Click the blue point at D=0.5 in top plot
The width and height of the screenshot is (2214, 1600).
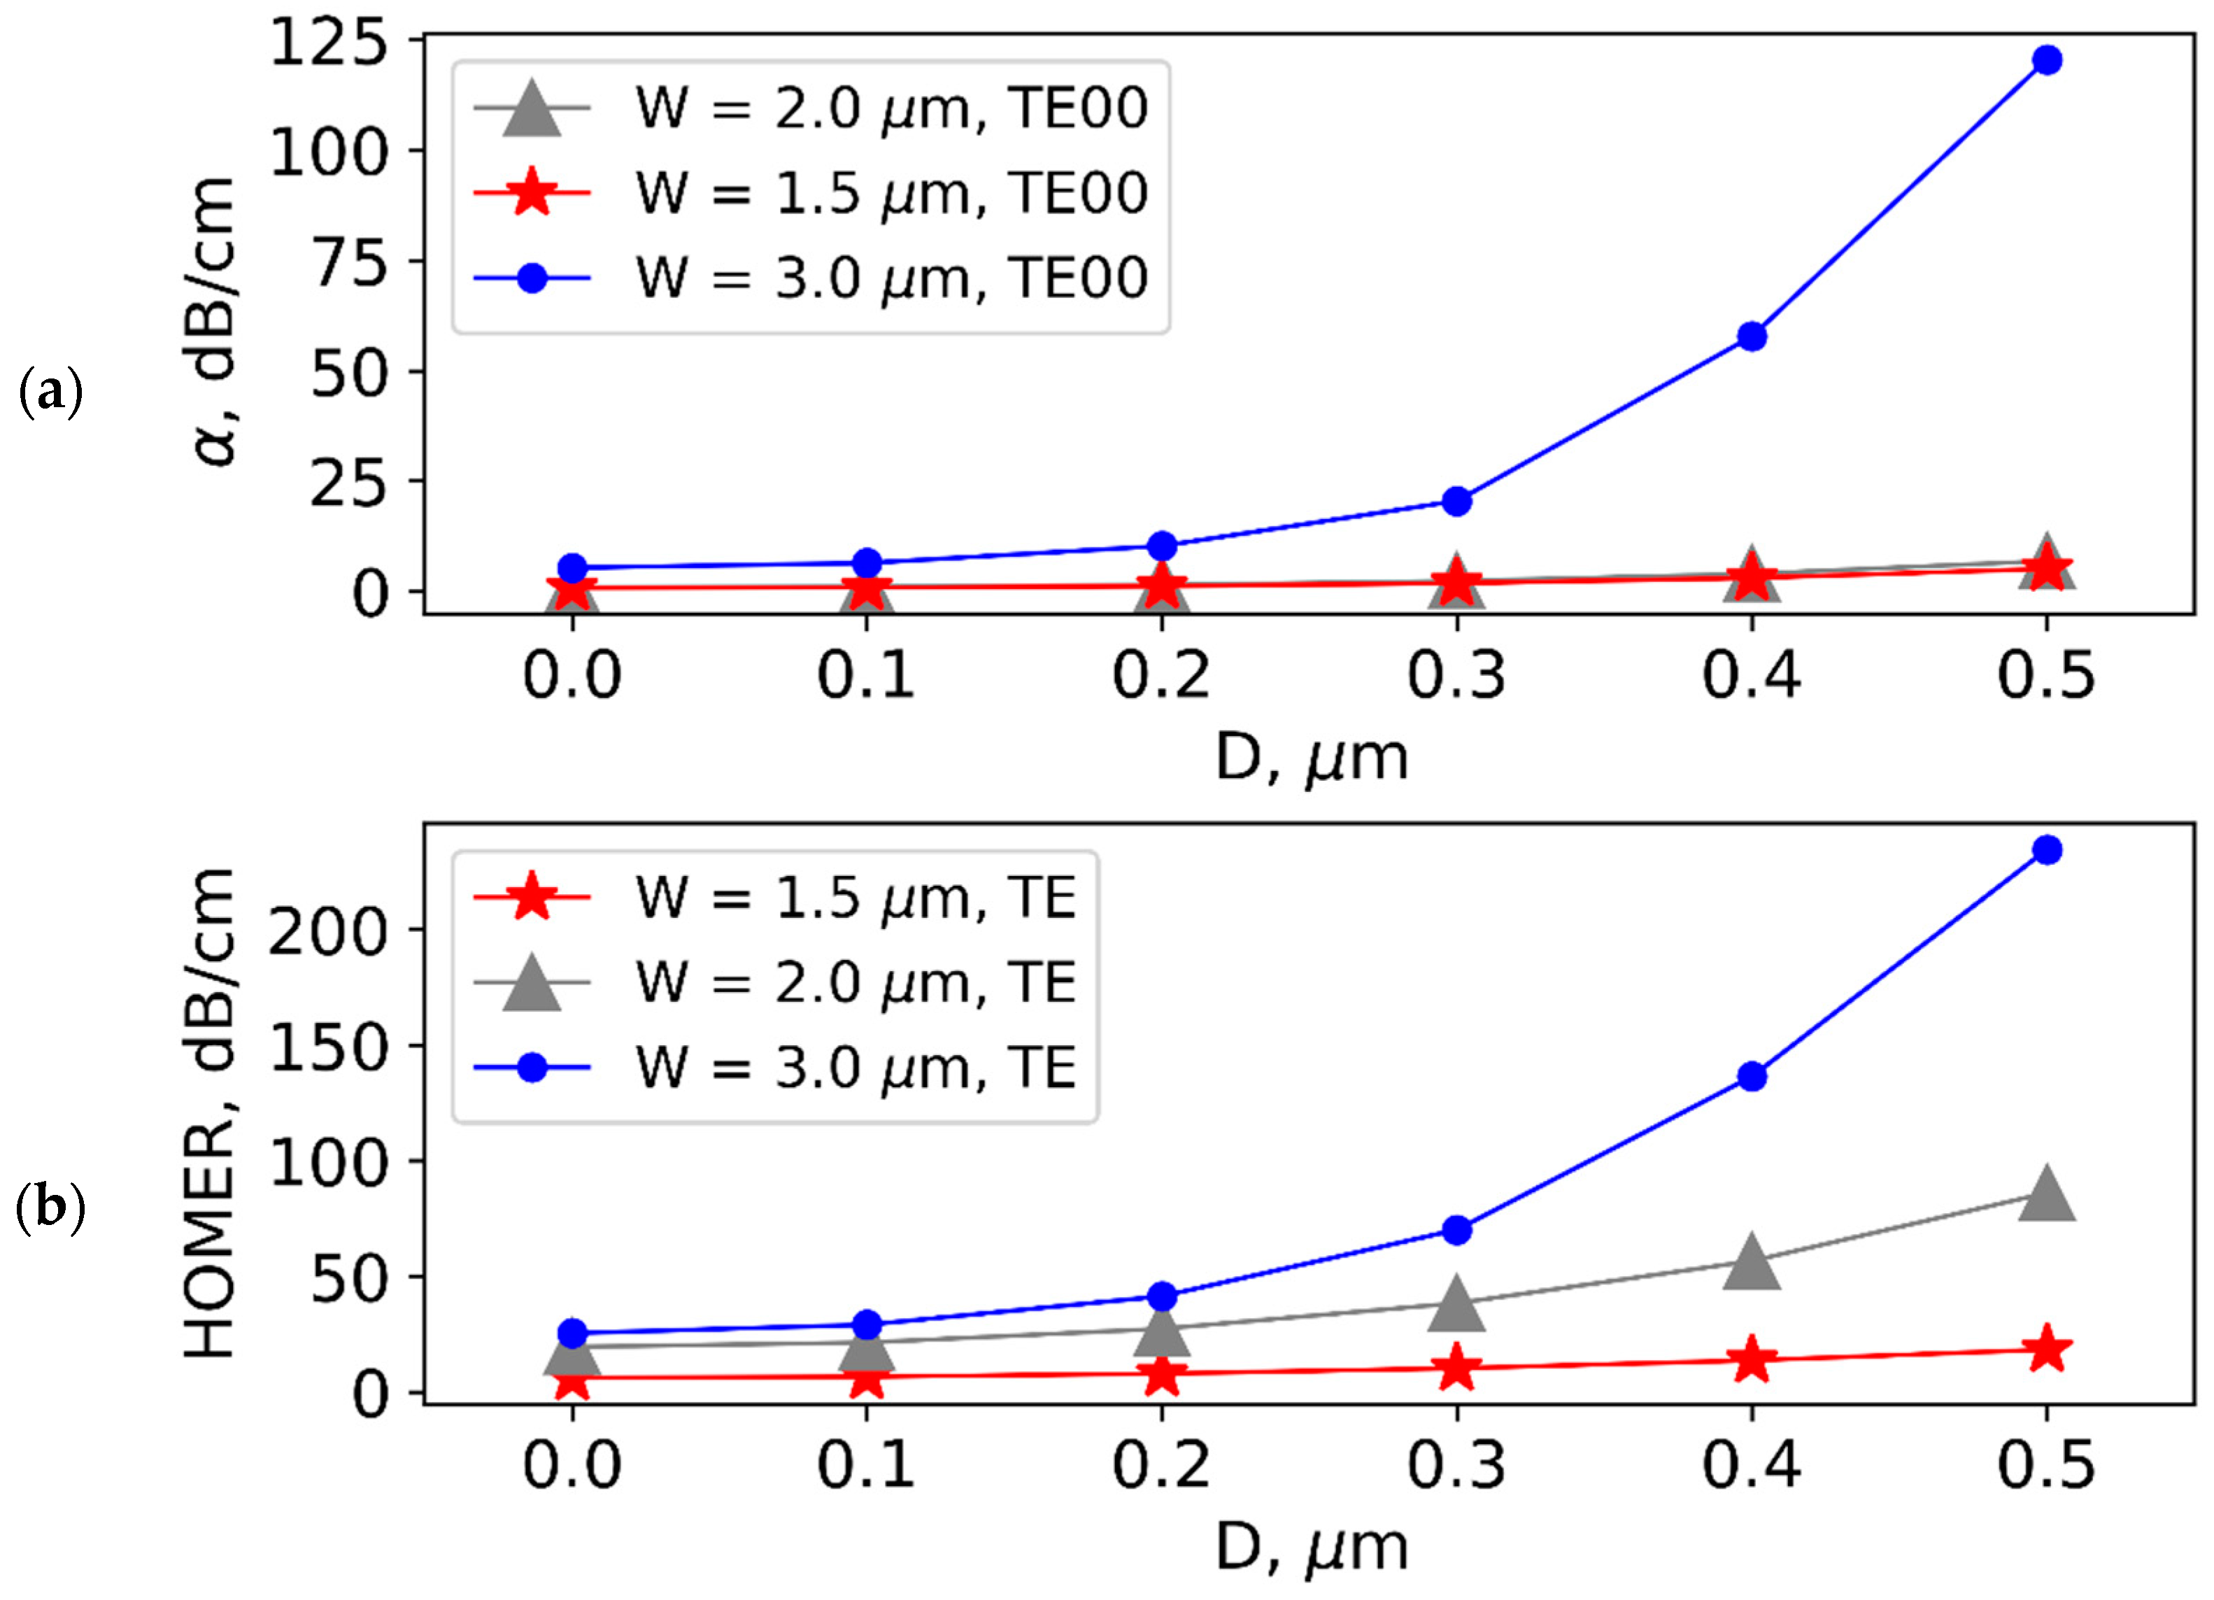click(x=2046, y=59)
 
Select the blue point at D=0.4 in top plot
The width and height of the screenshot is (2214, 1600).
click(x=1752, y=337)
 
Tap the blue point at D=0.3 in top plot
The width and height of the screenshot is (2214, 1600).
click(x=1456, y=501)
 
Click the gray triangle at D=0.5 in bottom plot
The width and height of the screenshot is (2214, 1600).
click(x=2046, y=1195)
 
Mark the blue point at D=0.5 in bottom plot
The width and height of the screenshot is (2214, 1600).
click(x=2046, y=850)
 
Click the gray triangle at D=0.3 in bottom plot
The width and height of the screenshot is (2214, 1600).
click(x=1456, y=1304)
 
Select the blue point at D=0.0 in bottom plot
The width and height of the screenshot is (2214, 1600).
click(x=573, y=1333)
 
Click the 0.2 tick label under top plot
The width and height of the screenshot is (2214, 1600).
click(x=1161, y=676)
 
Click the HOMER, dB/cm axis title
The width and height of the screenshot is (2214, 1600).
click(x=210, y=1113)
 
